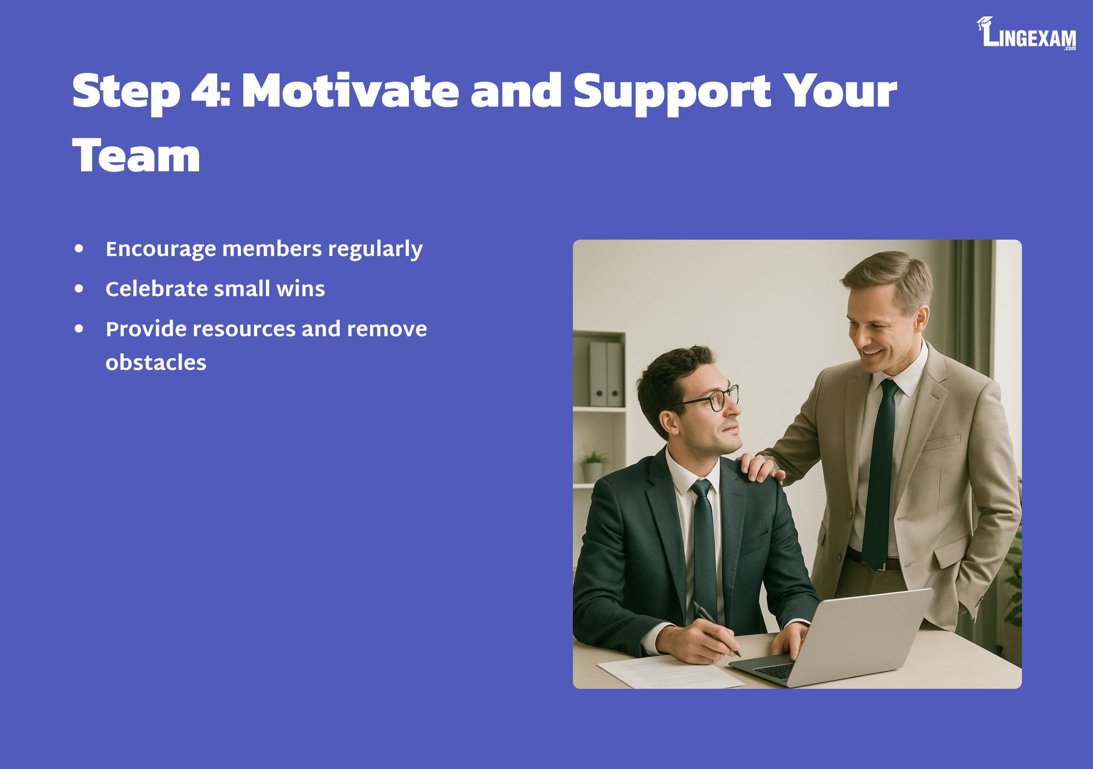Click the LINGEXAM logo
(x=1026, y=33)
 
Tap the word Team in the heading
(x=136, y=155)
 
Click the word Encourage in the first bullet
(x=161, y=250)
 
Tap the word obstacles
(x=156, y=362)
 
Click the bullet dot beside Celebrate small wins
(x=79, y=288)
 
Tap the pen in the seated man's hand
(x=716, y=629)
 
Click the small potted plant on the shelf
(x=592, y=464)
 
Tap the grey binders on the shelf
(x=606, y=374)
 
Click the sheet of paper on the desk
(x=670, y=672)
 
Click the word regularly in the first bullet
(x=375, y=250)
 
